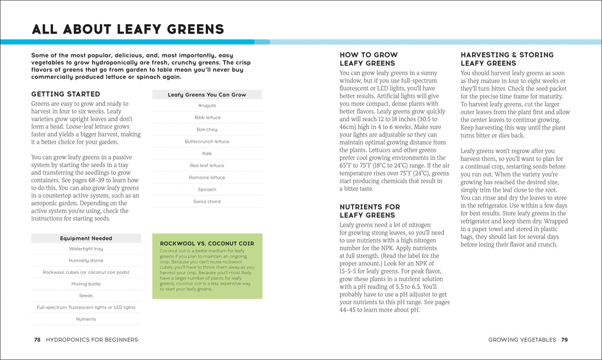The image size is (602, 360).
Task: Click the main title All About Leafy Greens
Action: pyautogui.click(x=128, y=29)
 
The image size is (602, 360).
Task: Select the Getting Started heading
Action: pyautogui.click(x=66, y=94)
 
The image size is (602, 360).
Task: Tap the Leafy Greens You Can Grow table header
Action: pyautogui.click(x=207, y=95)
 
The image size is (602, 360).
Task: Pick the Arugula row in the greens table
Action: pyautogui.click(x=207, y=106)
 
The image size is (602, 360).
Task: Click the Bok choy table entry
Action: pyautogui.click(x=207, y=129)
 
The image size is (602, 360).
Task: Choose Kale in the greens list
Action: pyautogui.click(x=207, y=154)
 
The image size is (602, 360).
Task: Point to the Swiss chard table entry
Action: pyautogui.click(x=207, y=201)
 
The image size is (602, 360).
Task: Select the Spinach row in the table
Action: pyautogui.click(x=207, y=189)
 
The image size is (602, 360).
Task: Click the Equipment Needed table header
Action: pyautogui.click(x=86, y=238)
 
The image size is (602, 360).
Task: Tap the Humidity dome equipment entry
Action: pyautogui.click(x=86, y=261)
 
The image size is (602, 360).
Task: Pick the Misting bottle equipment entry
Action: pyautogui.click(x=86, y=284)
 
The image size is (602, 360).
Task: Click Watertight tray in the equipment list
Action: pyautogui.click(x=86, y=249)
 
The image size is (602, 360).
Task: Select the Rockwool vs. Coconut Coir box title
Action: pyautogui.click(x=207, y=243)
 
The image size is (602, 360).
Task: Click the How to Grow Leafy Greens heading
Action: pyautogui.click(x=369, y=59)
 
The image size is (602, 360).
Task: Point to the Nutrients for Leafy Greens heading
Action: pyautogui.click(x=370, y=211)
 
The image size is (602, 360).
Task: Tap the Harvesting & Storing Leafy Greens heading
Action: pyautogui.click(x=507, y=59)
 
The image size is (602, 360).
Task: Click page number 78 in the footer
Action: pyautogui.click(x=37, y=339)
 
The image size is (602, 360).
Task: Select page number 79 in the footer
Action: pyautogui.click(x=564, y=339)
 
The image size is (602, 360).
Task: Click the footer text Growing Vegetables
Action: pyautogui.click(x=522, y=339)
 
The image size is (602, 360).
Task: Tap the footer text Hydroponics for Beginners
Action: pyautogui.click(x=92, y=339)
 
